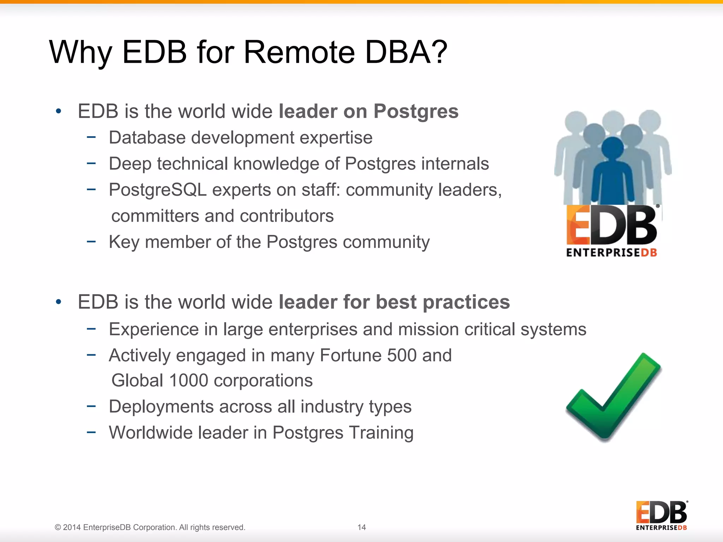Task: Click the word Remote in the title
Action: [x=299, y=52]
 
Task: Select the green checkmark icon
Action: [x=614, y=397]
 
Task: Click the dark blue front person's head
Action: [x=613, y=147]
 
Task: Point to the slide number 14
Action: [x=361, y=527]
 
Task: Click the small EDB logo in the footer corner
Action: [x=661, y=515]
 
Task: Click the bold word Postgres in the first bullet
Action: [x=416, y=112]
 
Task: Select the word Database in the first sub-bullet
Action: [x=147, y=138]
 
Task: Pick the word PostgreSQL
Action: [x=157, y=190]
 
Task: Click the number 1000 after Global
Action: [x=189, y=381]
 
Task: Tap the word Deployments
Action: [x=161, y=406]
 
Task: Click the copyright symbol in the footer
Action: [x=58, y=528]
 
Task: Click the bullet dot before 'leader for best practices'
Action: [x=59, y=302]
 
